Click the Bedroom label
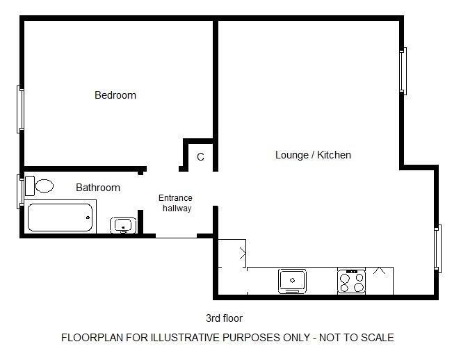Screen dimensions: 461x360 (x=115, y=95)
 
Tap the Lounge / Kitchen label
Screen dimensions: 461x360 (x=313, y=155)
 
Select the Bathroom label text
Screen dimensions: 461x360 (x=98, y=188)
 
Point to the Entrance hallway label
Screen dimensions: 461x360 (x=175, y=203)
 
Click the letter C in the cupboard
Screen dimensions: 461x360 (x=200, y=157)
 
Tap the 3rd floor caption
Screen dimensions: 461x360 (x=224, y=318)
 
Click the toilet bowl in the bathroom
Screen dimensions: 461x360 (x=45, y=186)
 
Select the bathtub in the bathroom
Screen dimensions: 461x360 (x=60, y=218)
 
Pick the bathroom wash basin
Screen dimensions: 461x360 (x=123, y=225)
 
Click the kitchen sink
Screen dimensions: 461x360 (x=292, y=281)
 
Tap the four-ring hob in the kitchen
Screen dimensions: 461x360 (x=351, y=282)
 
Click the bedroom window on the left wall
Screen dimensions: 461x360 (x=20, y=109)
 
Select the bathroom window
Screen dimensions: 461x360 (x=20, y=192)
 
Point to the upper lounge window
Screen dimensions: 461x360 (x=403, y=71)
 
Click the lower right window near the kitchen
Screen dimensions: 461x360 (x=438, y=249)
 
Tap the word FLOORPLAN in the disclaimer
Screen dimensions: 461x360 (x=92, y=337)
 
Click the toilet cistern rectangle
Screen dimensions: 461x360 (x=30, y=186)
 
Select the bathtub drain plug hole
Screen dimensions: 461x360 (x=88, y=218)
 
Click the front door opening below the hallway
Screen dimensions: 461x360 (x=176, y=236)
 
